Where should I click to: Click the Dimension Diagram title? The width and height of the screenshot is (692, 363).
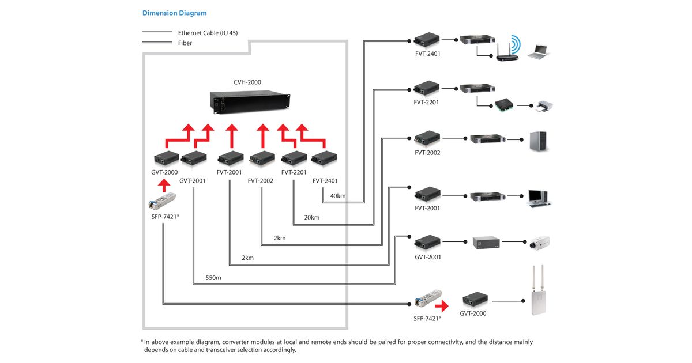174,13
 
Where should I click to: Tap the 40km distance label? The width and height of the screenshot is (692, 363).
338,196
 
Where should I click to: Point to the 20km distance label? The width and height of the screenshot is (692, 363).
311,217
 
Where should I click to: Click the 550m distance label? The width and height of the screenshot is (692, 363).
213,278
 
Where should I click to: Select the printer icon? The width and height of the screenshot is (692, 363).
543,105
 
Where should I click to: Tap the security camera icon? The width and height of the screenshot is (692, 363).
540,242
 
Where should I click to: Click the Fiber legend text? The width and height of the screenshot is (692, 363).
185,43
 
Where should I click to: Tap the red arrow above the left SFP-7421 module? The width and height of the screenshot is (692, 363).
164,185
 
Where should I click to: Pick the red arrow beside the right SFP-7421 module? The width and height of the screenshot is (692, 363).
442,306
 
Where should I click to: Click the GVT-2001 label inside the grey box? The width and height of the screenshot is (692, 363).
193,180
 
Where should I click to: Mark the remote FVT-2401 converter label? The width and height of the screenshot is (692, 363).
427,54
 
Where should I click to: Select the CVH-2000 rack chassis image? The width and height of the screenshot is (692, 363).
249,103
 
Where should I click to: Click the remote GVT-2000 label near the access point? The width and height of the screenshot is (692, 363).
473,313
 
